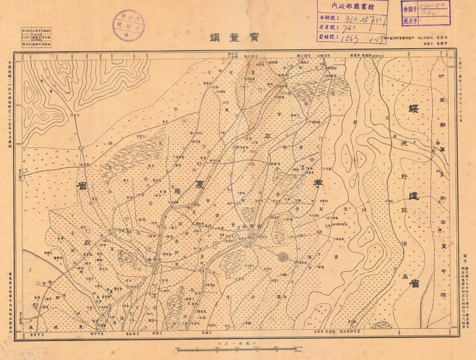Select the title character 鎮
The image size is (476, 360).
pos(215,38)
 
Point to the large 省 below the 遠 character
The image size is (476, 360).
pos(414,283)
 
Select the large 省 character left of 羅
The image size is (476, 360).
pos(81,185)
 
